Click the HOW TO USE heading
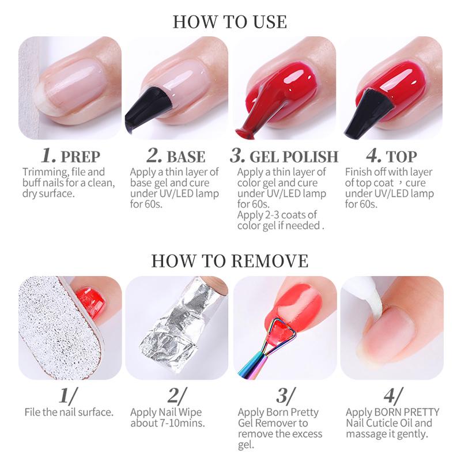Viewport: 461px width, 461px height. pos(230,21)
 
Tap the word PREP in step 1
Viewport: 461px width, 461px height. pos(80,156)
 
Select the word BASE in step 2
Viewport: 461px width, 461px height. pos(186,156)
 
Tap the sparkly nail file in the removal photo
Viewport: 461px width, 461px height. pos(46,334)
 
